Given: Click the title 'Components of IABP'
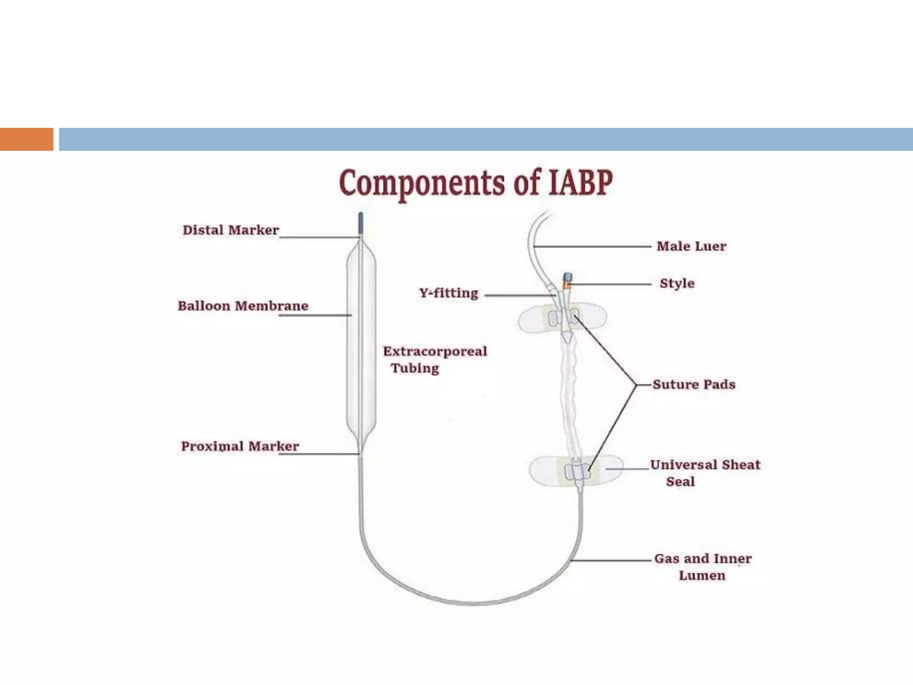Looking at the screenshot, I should point(476,183).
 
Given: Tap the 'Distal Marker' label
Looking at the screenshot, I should point(230,230).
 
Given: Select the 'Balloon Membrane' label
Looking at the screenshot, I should point(243,306).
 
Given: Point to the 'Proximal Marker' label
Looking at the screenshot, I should point(240,446).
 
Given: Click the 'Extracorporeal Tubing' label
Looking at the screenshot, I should point(435,359).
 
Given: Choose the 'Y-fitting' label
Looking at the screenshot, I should point(448,293).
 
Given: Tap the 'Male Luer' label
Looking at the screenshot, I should point(691,246).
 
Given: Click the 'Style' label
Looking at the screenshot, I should point(677,283).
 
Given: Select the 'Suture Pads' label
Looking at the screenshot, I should point(694,384).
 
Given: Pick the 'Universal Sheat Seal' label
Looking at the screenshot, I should point(705,473).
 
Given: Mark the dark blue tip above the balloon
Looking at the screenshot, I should point(361,223).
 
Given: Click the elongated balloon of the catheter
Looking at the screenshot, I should point(362,343).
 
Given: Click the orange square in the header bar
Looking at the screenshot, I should point(26,139).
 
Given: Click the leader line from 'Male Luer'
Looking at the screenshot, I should point(593,246).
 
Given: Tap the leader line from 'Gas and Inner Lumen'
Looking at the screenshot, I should point(611,560).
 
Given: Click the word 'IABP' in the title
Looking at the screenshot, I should point(580,183).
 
